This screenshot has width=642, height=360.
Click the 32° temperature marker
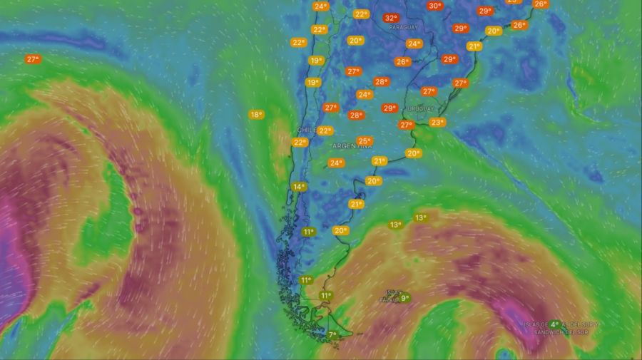pyautogui.click(x=390, y=18)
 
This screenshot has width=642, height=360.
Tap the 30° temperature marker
pyautogui.click(x=434, y=6)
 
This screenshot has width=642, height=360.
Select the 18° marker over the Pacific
pyautogui.click(x=256, y=114)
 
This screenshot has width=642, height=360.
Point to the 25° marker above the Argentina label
pyautogui.click(x=365, y=140)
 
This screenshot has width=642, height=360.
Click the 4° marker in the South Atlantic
pyautogui.click(x=554, y=324)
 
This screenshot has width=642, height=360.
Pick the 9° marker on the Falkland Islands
pyautogui.click(x=404, y=298)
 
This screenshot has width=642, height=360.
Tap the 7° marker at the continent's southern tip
pyautogui.click(x=332, y=334)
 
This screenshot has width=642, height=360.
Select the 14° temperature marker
pyautogui.click(x=298, y=187)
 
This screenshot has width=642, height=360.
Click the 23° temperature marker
pyautogui.click(x=437, y=122)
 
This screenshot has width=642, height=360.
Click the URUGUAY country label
pyautogui.click(x=420, y=108)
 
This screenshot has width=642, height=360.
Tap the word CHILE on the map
pyautogui.click(x=306, y=130)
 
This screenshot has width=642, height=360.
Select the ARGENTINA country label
pyautogui.click(x=352, y=146)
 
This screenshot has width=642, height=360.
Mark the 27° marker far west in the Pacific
pyautogui.click(x=32, y=59)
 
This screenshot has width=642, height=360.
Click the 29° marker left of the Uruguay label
pyautogui.click(x=389, y=108)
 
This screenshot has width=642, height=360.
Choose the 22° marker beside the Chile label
pyautogui.click(x=325, y=130)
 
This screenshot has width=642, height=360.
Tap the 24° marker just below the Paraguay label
pyautogui.click(x=414, y=43)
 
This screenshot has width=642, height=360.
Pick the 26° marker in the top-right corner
pyautogui.click(x=541, y=4)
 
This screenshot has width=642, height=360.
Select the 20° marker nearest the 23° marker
pyautogui.click(x=414, y=153)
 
